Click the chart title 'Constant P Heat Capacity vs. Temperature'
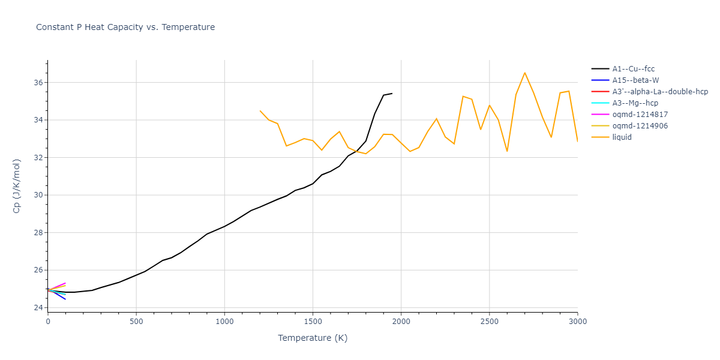[x=125, y=27]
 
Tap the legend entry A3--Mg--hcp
[x=635, y=103]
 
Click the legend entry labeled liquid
[x=622, y=137]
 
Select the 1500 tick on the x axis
[x=313, y=321]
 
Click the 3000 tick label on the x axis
[x=577, y=321]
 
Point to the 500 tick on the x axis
[x=136, y=321]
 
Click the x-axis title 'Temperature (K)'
[x=313, y=338]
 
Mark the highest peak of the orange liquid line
[x=524, y=73]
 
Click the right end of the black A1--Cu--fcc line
[x=392, y=93]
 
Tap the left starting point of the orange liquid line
[x=260, y=110]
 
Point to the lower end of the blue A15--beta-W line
[x=65, y=299]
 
